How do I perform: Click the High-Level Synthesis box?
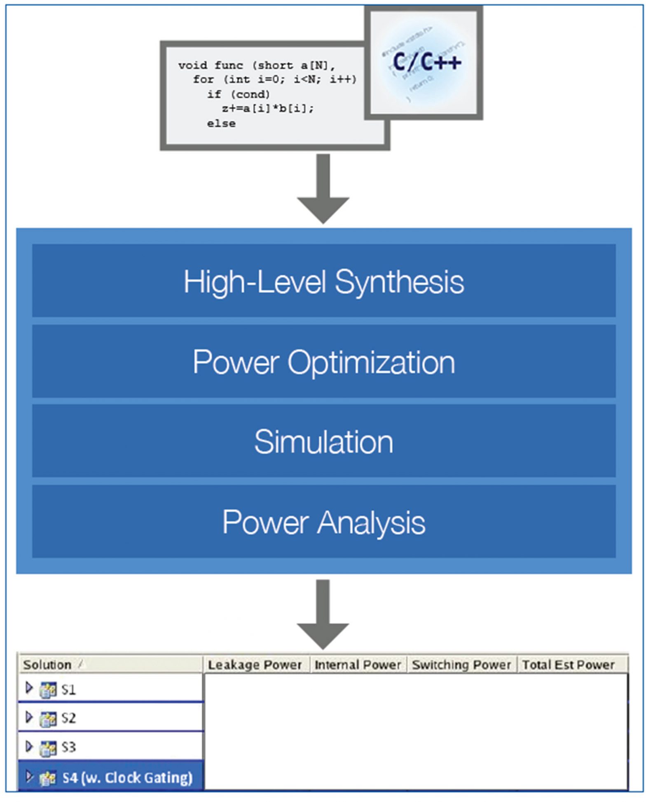(x=324, y=281)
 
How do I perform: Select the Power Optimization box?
(x=324, y=362)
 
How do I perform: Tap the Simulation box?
(x=324, y=442)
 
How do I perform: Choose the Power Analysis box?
(x=324, y=522)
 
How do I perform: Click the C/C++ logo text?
(x=427, y=62)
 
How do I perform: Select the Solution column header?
(x=47, y=665)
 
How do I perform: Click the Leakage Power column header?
(x=255, y=665)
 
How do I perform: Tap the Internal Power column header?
(x=358, y=665)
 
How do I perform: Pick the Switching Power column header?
(x=461, y=665)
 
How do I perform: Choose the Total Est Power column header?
(x=569, y=665)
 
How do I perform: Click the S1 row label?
(x=68, y=689)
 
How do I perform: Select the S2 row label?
(x=68, y=718)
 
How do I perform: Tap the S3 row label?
(x=68, y=747)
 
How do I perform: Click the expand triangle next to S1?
(x=29, y=688)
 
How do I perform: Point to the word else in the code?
(x=221, y=123)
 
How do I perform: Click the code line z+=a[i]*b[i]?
(x=268, y=109)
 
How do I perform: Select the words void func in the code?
(x=211, y=65)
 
